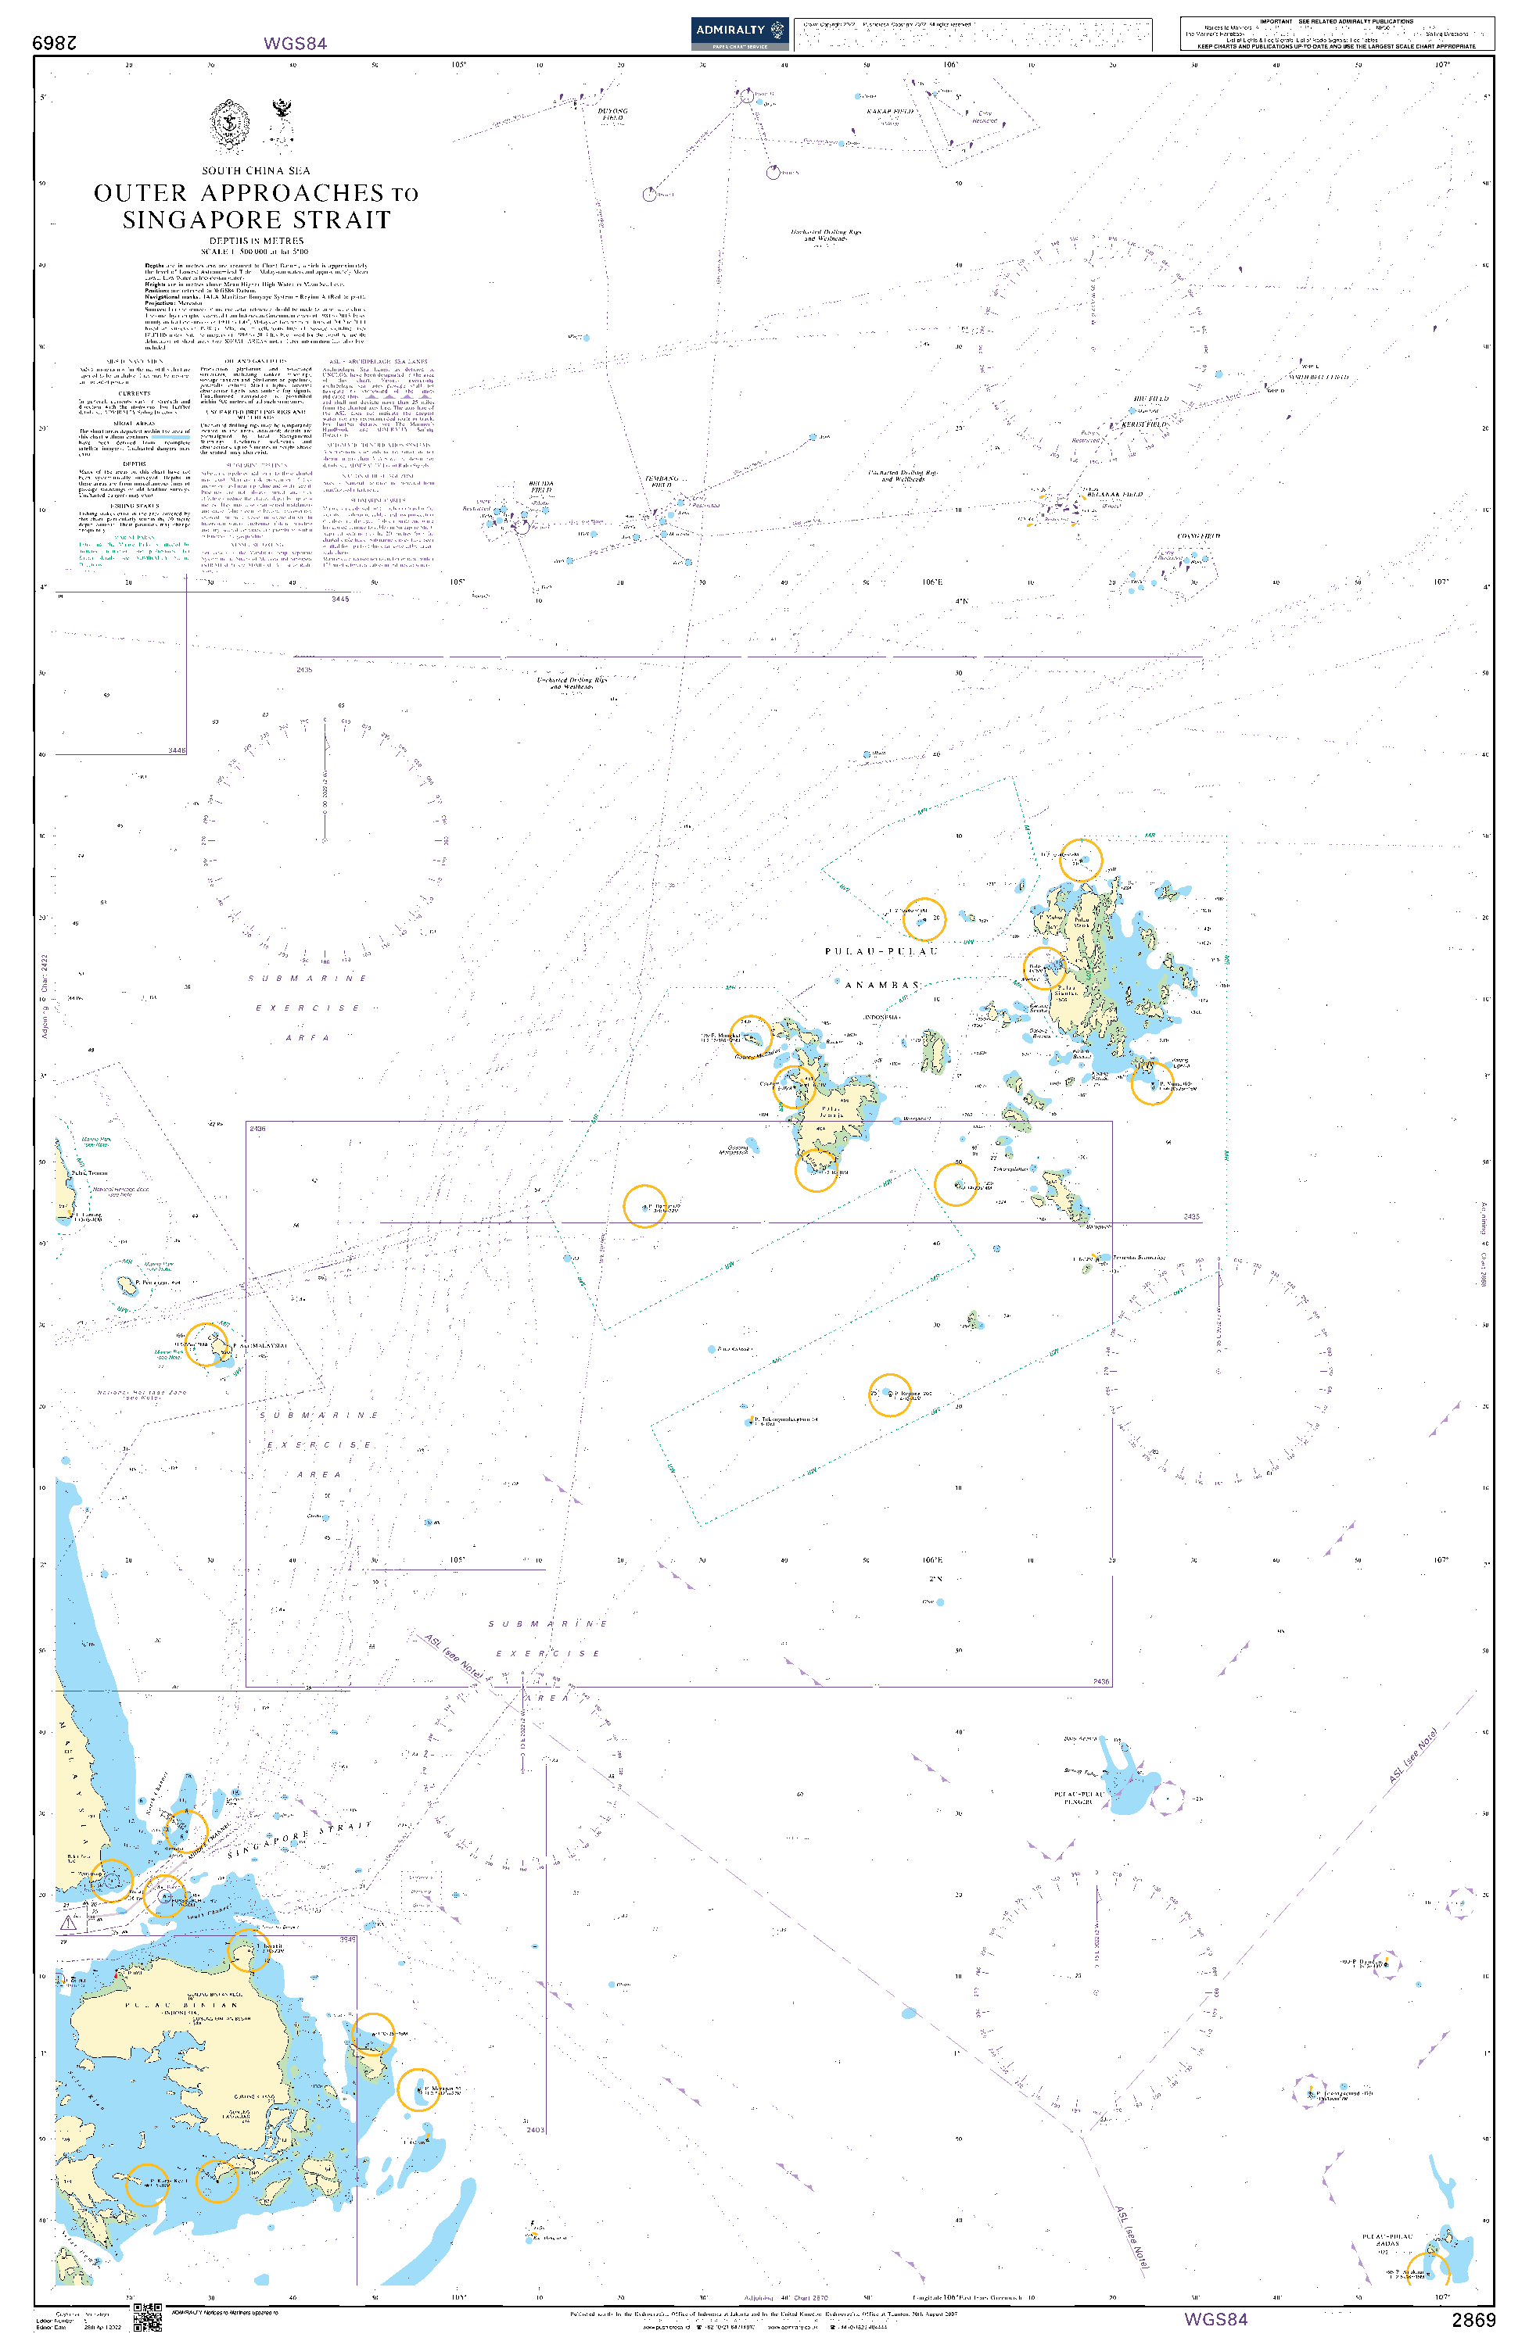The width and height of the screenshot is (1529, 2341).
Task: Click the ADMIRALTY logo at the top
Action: (x=739, y=31)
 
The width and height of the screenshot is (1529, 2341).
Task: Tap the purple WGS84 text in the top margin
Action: (x=294, y=43)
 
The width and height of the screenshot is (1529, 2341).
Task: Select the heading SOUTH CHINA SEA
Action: (x=256, y=171)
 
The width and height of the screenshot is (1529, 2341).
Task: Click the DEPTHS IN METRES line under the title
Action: (x=256, y=241)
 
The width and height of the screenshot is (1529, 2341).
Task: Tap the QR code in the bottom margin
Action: (x=146, y=2317)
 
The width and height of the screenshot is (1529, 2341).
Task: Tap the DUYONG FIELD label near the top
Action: (x=612, y=114)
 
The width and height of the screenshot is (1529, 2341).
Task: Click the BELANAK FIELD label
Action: (x=1116, y=495)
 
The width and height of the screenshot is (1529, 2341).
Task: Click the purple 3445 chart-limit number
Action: (x=339, y=599)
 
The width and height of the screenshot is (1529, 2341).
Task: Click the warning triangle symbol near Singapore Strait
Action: (x=68, y=1922)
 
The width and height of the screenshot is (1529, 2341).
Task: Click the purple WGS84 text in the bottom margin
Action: (x=1215, y=2319)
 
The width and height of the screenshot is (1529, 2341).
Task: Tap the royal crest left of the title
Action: (x=229, y=125)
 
